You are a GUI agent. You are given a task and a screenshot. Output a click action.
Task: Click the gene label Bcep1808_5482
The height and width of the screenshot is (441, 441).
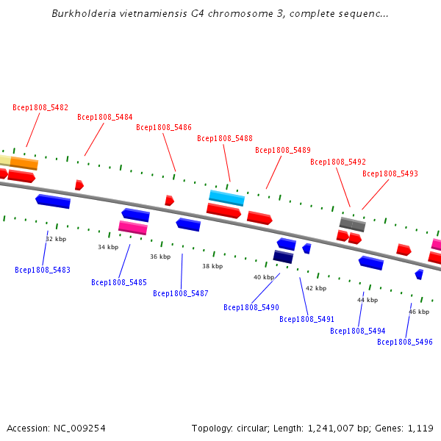[x=40, y=107]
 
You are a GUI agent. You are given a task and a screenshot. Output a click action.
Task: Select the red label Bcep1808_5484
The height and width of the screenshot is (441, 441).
[x=105, y=117]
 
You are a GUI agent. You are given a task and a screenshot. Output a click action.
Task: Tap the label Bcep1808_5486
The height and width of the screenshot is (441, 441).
[x=164, y=127]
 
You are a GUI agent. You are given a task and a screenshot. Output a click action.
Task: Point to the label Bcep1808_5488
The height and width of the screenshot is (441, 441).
[x=225, y=138]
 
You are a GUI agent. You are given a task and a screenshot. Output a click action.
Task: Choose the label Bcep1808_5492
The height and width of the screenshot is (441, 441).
[x=338, y=162]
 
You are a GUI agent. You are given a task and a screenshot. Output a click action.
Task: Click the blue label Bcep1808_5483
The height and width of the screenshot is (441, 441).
[x=43, y=270]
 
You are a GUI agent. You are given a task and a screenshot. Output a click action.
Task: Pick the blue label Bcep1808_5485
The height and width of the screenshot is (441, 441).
[x=119, y=282]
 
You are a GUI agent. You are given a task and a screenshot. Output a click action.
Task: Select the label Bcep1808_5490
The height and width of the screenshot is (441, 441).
[x=251, y=307]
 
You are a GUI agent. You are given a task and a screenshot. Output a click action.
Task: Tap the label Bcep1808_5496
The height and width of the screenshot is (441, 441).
[x=405, y=342]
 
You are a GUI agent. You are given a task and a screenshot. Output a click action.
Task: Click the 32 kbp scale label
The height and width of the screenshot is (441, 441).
[x=56, y=239]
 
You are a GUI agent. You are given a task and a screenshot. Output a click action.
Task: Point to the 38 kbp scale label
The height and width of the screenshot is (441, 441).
[x=212, y=266]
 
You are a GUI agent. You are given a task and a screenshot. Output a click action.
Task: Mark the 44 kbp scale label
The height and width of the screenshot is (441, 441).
[x=367, y=300]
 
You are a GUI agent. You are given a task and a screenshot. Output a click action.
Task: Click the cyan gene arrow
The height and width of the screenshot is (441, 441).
[x=226, y=198]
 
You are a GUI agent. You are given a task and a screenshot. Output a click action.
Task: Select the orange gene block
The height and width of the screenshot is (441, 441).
[x=24, y=163]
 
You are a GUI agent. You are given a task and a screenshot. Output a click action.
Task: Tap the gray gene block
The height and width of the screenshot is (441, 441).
[x=352, y=223]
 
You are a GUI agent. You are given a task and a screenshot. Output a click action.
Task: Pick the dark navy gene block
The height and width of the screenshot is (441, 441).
[x=283, y=257]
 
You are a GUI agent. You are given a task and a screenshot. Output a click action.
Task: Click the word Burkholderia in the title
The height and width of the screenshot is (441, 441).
[x=81, y=14]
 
